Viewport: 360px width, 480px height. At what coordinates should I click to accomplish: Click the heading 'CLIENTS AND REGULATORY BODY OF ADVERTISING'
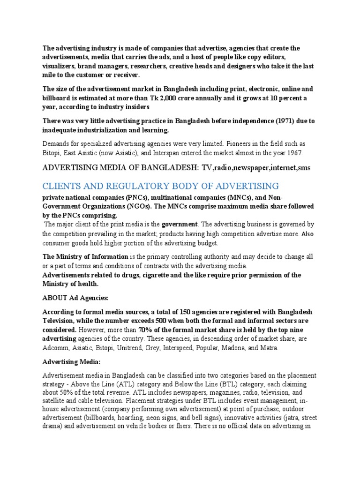click(x=161, y=186)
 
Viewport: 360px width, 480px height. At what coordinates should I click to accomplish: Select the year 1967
click(x=294, y=153)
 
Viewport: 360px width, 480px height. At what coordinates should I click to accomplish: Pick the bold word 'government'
click(x=180, y=224)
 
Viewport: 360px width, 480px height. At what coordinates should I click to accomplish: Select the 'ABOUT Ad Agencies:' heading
click(x=75, y=298)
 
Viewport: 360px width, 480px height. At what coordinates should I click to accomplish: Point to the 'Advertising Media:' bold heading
click(x=72, y=362)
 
